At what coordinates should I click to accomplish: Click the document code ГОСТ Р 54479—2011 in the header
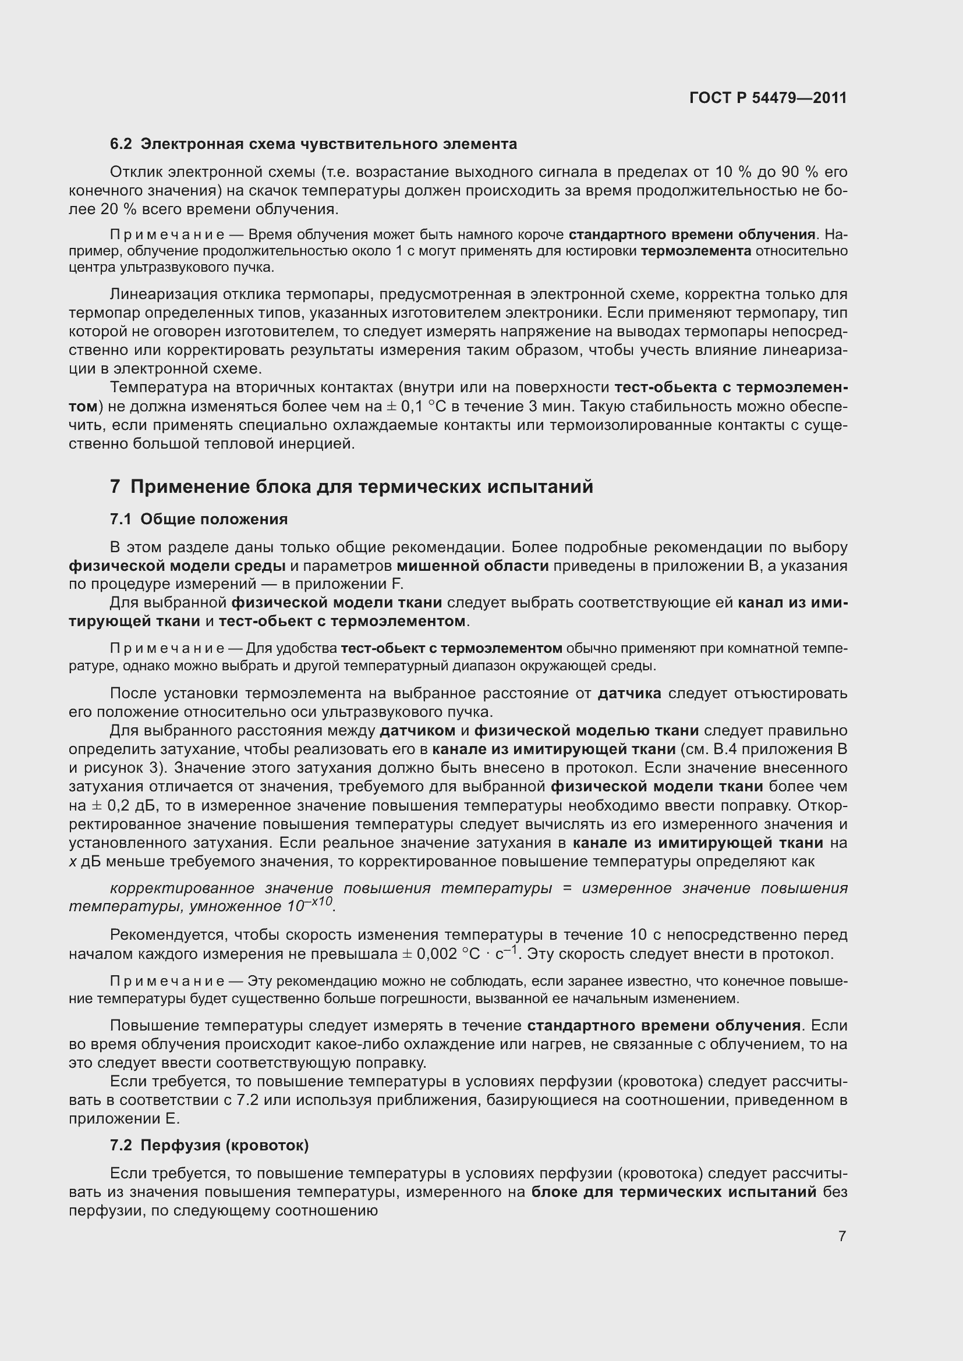[768, 98]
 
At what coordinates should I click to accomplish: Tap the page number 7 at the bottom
[842, 1236]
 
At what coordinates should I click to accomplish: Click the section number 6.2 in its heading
[121, 144]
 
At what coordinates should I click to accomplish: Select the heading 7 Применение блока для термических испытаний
[352, 486]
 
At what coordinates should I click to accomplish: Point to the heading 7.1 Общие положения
[199, 519]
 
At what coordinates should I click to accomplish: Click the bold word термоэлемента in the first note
[696, 251]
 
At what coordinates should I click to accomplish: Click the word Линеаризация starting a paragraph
[162, 294]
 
